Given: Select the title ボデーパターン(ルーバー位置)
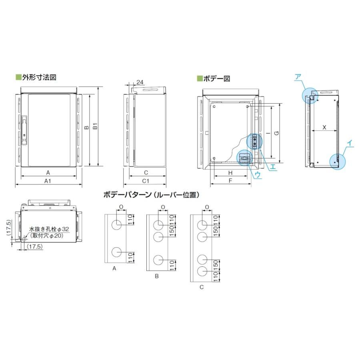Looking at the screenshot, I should (151, 195).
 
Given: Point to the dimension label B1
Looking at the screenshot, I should (95, 127).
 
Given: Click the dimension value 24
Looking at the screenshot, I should (140, 82).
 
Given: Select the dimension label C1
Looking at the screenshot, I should (146, 181).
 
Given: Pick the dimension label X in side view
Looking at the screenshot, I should (324, 127).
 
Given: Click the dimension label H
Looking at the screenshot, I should (230, 172).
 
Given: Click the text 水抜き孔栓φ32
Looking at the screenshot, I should (49, 230).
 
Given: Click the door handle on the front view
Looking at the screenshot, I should (24, 120).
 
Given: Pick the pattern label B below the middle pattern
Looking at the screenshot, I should (157, 276).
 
